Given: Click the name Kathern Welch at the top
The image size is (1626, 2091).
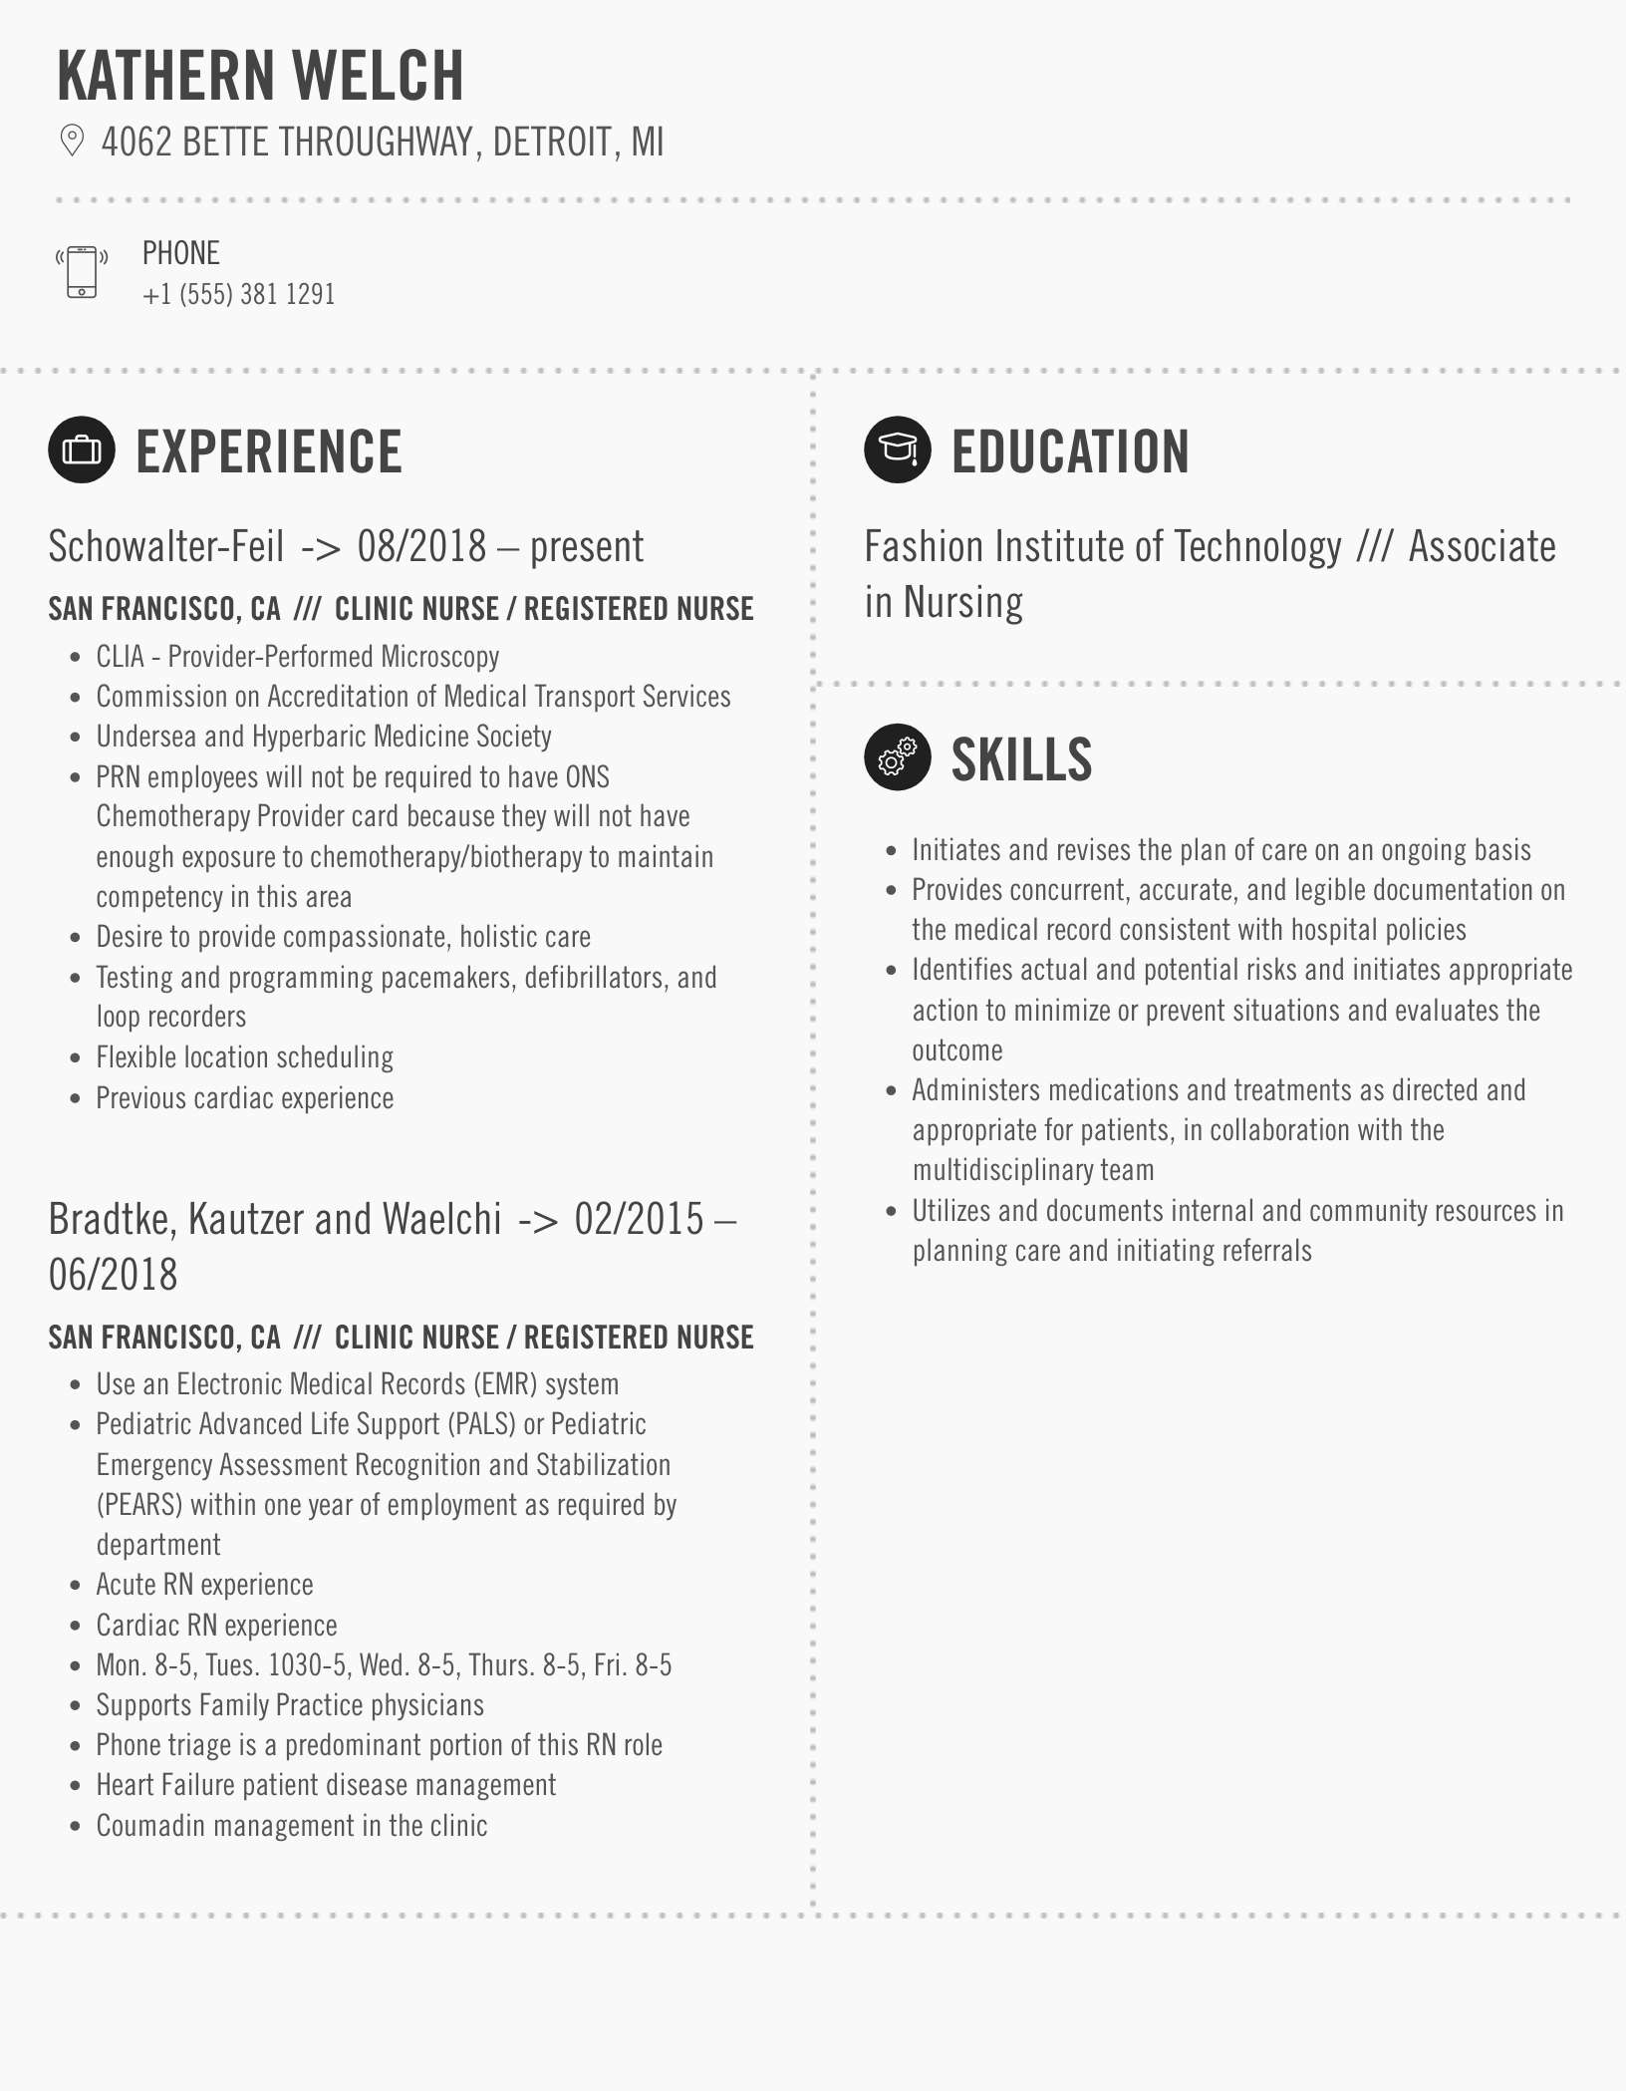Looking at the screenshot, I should pyautogui.click(x=260, y=76).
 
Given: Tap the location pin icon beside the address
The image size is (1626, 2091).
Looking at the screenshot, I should pyautogui.click(x=72, y=141).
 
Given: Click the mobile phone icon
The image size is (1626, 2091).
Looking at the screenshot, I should pyautogui.click(x=82, y=271).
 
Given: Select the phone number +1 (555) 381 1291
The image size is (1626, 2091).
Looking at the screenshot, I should pyautogui.click(x=238, y=295).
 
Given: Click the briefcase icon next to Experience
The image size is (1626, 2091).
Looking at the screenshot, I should pyautogui.click(x=82, y=450).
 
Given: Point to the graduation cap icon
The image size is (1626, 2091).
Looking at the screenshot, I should pyautogui.click(x=897, y=449).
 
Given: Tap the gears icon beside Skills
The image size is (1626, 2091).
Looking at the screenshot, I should pyautogui.click(x=897, y=757).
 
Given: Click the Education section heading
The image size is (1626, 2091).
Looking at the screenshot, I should pyautogui.click(x=1070, y=451).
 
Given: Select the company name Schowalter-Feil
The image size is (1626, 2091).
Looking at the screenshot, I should pyautogui.click(x=165, y=546).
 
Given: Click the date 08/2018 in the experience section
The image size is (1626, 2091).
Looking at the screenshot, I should pyautogui.click(x=421, y=546).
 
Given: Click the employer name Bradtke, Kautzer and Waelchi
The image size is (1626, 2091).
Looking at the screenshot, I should pyautogui.click(x=274, y=1219).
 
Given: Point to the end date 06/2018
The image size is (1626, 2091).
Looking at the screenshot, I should pyautogui.click(x=113, y=1275).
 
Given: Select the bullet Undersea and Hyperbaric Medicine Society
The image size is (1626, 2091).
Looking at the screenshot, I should pyautogui.click(x=323, y=737).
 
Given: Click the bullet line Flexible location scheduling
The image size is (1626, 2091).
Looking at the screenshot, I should pyautogui.click(x=244, y=1057).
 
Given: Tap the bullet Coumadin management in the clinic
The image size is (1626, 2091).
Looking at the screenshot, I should pyautogui.click(x=291, y=1826).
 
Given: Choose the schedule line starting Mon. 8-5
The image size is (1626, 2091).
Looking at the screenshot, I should pyautogui.click(x=384, y=1665).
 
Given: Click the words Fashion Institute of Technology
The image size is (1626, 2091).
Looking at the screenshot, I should pyautogui.click(x=1102, y=547).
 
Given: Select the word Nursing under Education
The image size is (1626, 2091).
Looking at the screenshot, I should pyautogui.click(x=962, y=603).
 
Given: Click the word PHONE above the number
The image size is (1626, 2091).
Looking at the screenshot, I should pyautogui.click(x=180, y=253).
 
